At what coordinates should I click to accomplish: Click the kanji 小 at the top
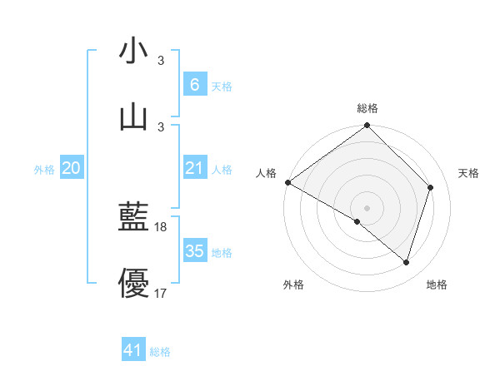pos(134,51)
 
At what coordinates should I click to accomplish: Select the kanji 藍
pos(134,217)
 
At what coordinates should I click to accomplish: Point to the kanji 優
pos(134,283)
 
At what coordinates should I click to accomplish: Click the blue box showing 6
pos(194,84)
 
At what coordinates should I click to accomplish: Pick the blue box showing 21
pos(194,168)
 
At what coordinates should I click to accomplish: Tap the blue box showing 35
pos(194,251)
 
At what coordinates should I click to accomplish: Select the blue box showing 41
pos(133,350)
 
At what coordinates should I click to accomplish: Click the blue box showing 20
pos(71,168)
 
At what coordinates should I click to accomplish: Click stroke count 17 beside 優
pos(161,293)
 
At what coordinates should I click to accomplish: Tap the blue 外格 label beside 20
pos(44,170)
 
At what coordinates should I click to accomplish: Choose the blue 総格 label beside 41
pos(160,352)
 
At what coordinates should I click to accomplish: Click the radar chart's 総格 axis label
pos(367,108)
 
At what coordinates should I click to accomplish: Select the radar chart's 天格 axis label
pos(469,173)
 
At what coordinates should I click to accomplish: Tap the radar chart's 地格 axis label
pos(437,285)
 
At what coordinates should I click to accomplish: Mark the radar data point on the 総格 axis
pos(367,126)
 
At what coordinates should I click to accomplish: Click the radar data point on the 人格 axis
pos(288,182)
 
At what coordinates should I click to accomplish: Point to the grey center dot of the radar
pos(367,207)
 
